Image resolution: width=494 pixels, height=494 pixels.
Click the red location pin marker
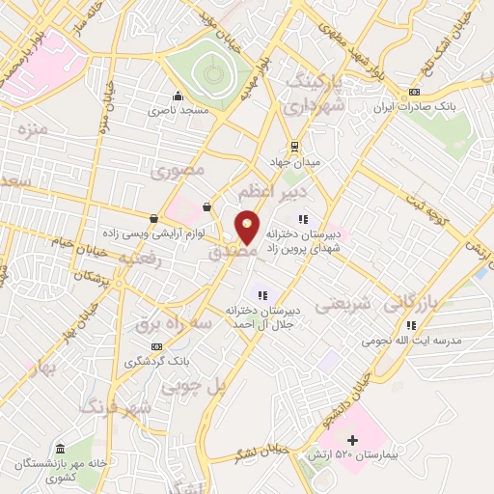[248, 229]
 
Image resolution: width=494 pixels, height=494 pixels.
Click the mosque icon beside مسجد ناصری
[178, 96]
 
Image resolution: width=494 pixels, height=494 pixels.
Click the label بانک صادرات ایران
[412, 109]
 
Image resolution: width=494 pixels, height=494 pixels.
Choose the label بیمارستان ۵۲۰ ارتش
[351, 453]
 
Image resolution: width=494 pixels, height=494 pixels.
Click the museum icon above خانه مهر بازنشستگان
[61, 449]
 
